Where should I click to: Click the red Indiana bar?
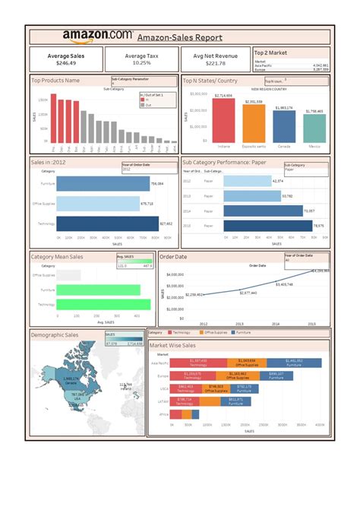point(223,122)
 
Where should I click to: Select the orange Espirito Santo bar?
point(254,125)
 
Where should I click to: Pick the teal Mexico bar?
point(314,130)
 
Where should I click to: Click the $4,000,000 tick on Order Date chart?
point(174,275)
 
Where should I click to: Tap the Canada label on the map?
point(71,380)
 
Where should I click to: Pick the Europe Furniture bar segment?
point(276,375)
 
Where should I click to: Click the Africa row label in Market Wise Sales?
point(163,415)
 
